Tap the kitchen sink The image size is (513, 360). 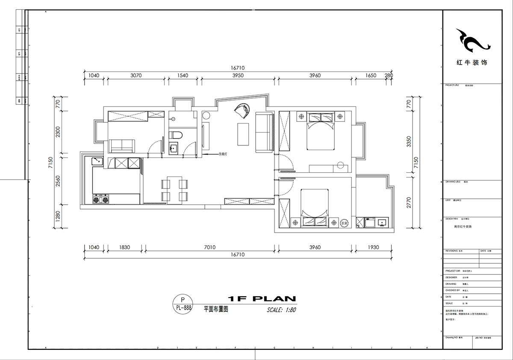[x=97, y=162]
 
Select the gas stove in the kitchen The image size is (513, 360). [x=100, y=199]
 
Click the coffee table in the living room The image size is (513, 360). [x=243, y=134]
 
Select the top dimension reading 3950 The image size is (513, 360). [x=238, y=75]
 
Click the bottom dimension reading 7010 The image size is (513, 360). [x=209, y=247]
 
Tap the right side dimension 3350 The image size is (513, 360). [x=409, y=141]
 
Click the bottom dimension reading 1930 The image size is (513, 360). [x=373, y=247]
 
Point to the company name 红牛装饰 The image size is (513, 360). [x=472, y=62]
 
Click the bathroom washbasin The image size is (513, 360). [x=174, y=149]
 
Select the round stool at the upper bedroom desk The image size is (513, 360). [x=341, y=165]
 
